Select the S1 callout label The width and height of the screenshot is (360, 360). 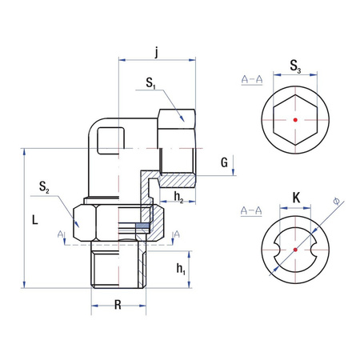[150, 82]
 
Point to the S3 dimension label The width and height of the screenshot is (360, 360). [295, 66]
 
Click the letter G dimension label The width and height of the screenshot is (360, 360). [226, 163]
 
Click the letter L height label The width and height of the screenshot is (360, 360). [26, 218]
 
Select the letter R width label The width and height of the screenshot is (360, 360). [118, 305]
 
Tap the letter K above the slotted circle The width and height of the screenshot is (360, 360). [295, 196]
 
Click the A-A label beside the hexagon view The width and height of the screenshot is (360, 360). [252, 79]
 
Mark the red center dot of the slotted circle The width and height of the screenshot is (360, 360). [295, 249]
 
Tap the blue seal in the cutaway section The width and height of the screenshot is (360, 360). [142, 227]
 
